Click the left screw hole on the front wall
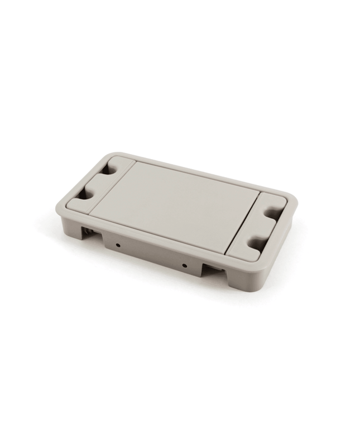(x=119, y=244)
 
